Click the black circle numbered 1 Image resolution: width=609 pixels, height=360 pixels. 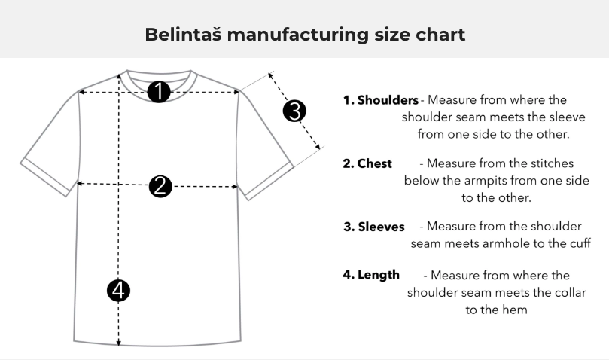pos(159,92)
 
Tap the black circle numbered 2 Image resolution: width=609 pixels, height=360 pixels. pos(160,186)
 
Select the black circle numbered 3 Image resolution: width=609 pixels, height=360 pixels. pos(294,111)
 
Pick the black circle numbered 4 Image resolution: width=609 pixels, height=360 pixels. pos(118,291)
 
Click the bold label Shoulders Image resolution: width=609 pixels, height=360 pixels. pos(388,100)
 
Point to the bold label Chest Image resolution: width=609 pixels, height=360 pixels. pos(374,163)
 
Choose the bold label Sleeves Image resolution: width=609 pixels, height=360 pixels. pos(381,227)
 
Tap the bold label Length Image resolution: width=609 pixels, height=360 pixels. pos(379,275)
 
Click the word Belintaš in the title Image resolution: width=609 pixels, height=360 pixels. pos(184,34)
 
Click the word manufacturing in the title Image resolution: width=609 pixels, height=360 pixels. pos(298,35)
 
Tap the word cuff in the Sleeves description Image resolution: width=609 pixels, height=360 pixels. pos(580,243)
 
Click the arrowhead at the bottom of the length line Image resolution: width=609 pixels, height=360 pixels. pos(118,342)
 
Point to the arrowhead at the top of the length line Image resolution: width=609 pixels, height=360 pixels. pos(119,78)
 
